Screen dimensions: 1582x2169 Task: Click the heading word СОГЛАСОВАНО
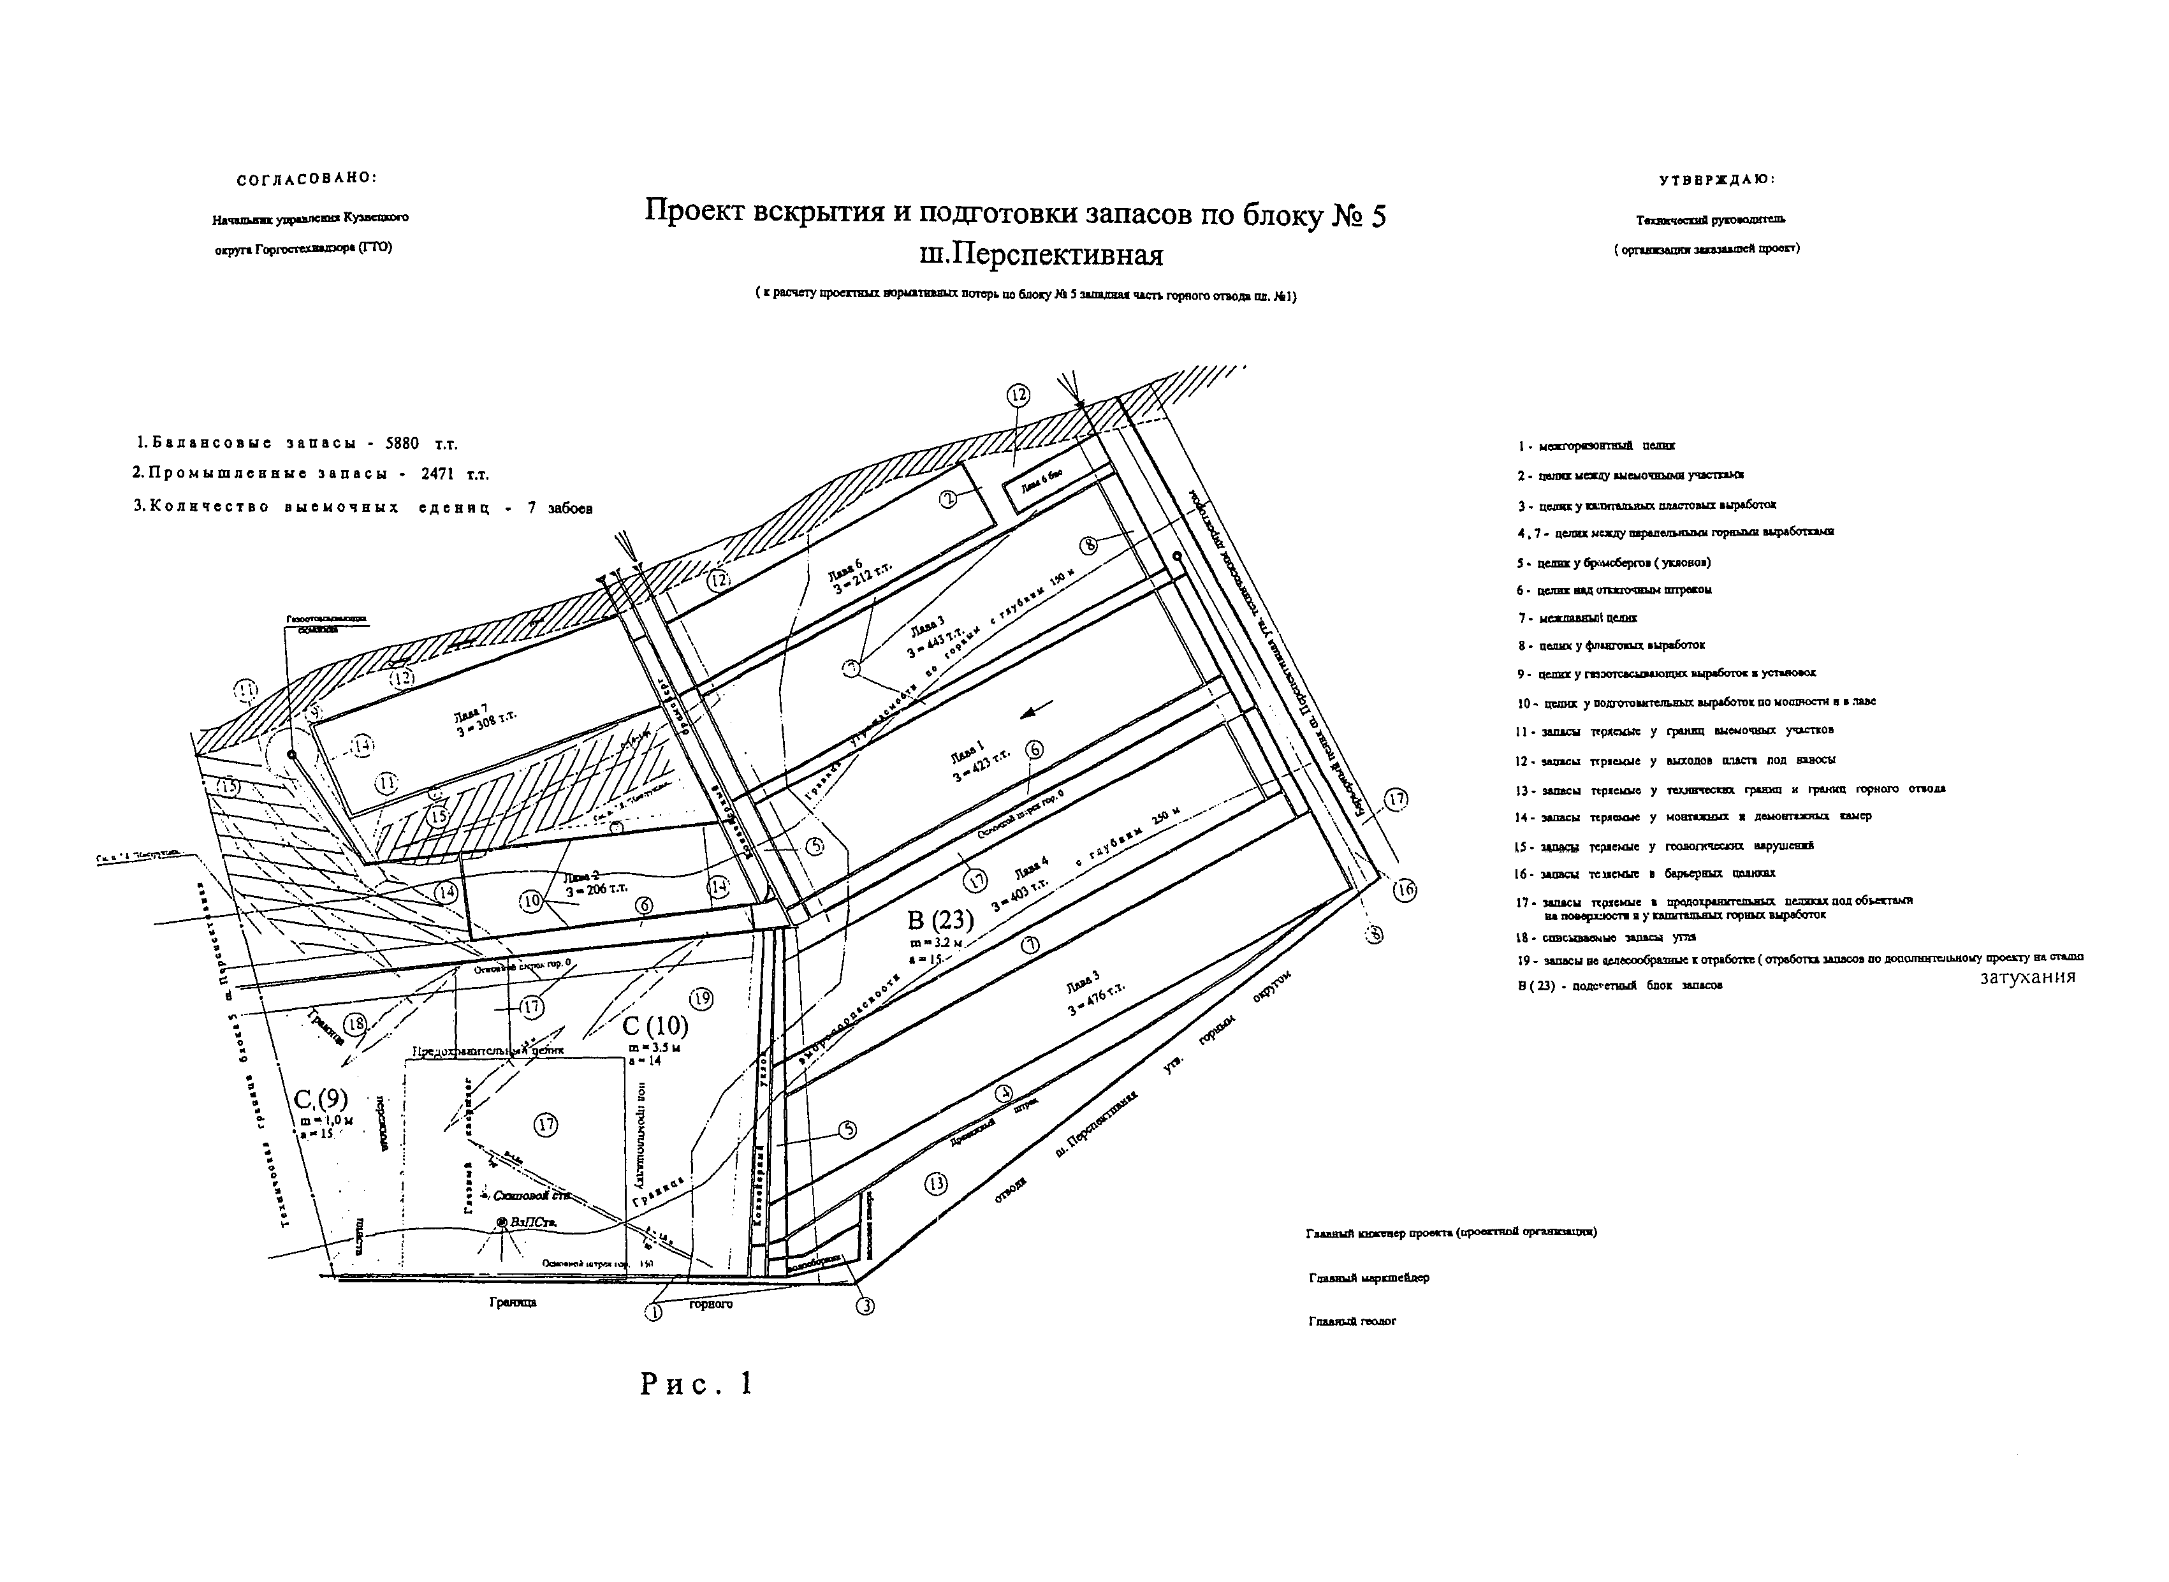pos(307,179)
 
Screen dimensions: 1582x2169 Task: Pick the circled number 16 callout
pos(1404,890)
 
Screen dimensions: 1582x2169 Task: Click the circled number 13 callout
pos(935,1183)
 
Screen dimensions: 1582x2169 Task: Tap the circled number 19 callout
pos(701,999)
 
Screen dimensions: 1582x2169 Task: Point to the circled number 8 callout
pos(1089,545)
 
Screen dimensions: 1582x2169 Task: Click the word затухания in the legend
pos(2027,978)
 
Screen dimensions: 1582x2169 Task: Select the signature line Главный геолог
pos(1352,1322)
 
